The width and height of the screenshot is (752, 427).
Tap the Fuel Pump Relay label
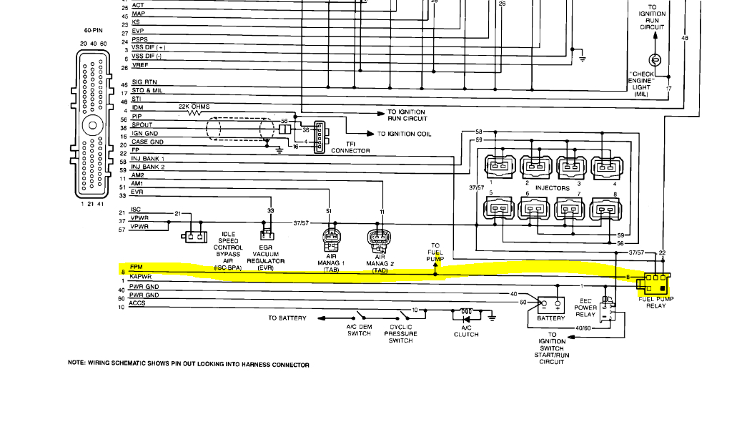(x=655, y=302)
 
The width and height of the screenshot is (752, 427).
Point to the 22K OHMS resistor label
(x=194, y=106)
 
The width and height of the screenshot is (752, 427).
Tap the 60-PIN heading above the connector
(x=92, y=31)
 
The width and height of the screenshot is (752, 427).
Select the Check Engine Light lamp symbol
(x=655, y=59)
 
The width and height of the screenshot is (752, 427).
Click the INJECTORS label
(x=552, y=188)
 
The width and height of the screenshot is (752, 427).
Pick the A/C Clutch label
(x=466, y=330)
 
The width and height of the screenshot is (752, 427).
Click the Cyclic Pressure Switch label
(x=400, y=333)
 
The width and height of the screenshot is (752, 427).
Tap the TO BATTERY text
(x=287, y=318)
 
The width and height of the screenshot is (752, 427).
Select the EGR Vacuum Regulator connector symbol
(x=269, y=235)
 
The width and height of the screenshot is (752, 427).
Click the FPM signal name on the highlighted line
(x=136, y=267)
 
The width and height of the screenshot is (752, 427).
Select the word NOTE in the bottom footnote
(x=76, y=363)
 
